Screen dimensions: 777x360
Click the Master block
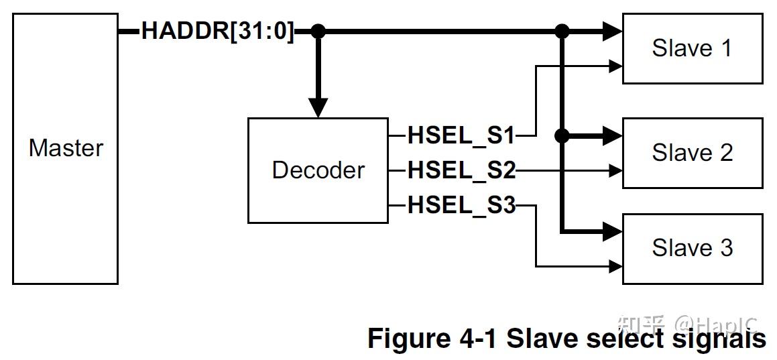pos(65,149)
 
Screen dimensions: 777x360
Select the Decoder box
pos(318,170)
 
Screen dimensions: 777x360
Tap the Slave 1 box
pos(693,48)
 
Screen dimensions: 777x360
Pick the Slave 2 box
pos(693,153)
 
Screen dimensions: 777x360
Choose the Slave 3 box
pos(693,249)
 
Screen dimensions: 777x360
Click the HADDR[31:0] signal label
pos(218,32)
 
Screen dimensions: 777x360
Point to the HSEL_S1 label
pos(461,135)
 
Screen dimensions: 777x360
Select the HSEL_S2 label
pos(461,171)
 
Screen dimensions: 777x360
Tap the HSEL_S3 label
pos(461,206)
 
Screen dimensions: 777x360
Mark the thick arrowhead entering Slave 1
pos(613,32)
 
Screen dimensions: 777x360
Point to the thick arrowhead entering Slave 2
pos(613,135)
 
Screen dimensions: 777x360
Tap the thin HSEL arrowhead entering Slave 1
pos(617,66)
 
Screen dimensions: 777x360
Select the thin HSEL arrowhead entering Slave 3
pos(617,266)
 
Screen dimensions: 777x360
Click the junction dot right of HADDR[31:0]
pos(318,32)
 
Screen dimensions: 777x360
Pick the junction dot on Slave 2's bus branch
pos(561,135)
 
